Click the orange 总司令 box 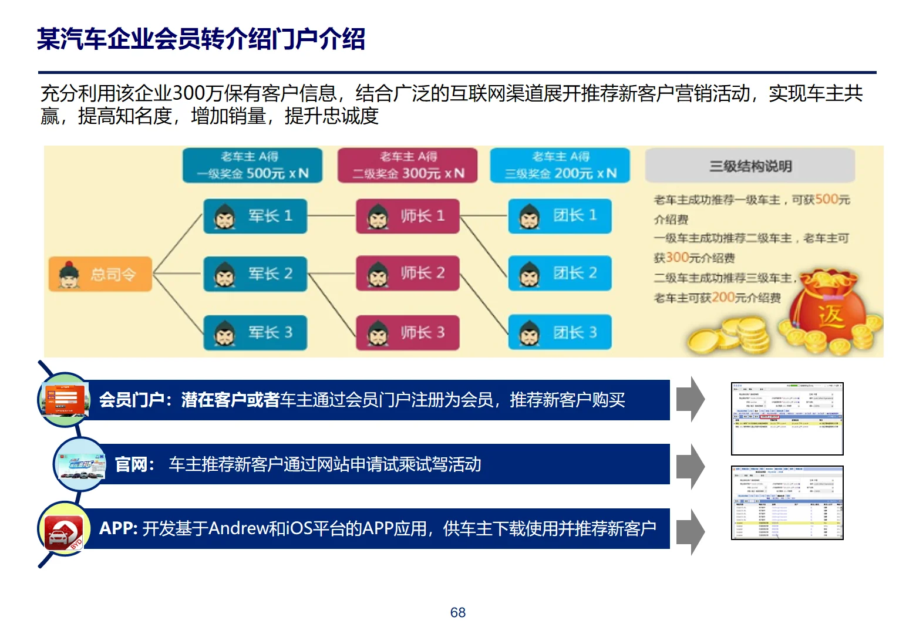click(x=100, y=274)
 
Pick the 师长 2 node click(x=408, y=274)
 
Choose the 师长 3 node click(x=408, y=333)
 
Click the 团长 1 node click(x=560, y=216)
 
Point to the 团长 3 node click(x=560, y=333)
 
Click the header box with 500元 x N click(x=252, y=166)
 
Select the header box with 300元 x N click(x=408, y=166)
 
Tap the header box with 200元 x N click(x=560, y=166)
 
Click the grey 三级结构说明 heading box click(x=750, y=166)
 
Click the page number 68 click(x=458, y=612)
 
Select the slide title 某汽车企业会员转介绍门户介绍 click(x=201, y=39)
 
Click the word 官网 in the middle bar click(x=131, y=465)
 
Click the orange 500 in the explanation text click(x=826, y=199)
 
